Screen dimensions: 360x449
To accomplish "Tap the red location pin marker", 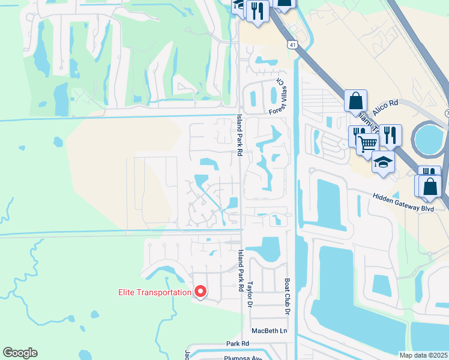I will [200, 292].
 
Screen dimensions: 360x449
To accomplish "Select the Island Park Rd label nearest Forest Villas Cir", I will [238, 136].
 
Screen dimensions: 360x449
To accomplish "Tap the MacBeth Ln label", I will [270, 331].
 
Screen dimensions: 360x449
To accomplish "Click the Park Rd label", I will [238, 344].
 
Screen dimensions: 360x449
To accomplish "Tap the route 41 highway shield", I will [291, 44].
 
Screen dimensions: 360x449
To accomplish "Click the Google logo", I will [20, 353].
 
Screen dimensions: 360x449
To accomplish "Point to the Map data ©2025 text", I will [424, 355].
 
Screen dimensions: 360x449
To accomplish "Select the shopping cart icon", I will [367, 143].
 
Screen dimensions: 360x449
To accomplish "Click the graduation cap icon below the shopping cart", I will [382, 161].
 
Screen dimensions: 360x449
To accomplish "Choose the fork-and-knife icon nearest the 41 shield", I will [258, 10].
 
